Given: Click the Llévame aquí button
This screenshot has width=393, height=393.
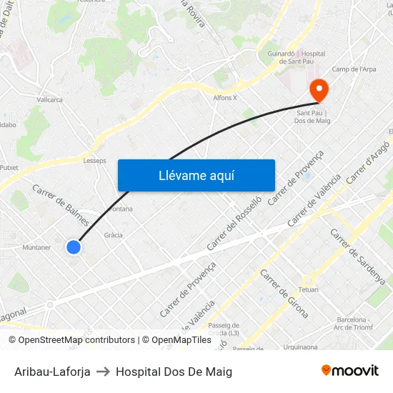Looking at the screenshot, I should tap(196, 175).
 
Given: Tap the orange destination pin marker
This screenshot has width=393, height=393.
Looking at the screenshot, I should tap(318, 91).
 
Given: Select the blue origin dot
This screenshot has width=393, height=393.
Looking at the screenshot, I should tap(73, 247).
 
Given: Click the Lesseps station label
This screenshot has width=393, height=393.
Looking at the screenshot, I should tap(94, 161).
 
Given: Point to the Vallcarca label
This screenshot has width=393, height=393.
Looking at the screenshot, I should tap(50, 100).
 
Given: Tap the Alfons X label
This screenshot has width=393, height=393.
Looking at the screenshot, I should tap(224, 98).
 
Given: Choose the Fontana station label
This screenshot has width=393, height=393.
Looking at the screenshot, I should tap(121, 209).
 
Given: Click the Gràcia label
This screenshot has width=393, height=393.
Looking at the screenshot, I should tap(113, 235).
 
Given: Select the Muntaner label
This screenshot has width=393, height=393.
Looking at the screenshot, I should tap(37, 248).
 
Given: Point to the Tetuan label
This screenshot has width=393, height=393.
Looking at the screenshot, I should tap(308, 289).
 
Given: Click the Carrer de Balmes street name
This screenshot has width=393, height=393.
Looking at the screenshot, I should tap(60, 203).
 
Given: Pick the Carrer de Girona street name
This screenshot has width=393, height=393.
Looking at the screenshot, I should tap(284, 294).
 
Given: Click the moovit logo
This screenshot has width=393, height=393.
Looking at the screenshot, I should tap(350, 371).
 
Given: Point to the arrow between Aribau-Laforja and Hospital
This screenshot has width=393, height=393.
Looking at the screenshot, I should tap(103, 372).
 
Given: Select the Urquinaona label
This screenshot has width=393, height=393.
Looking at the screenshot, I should tap(300, 347).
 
